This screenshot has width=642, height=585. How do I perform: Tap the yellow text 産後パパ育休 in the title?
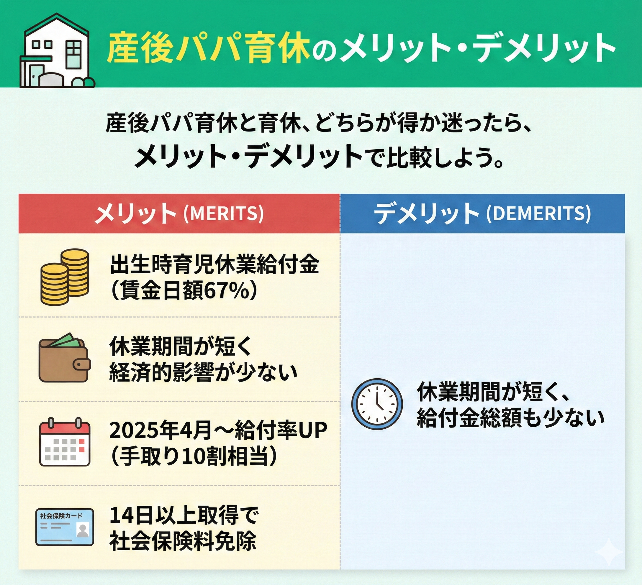tap(208, 49)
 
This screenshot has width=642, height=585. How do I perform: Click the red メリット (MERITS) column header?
tap(179, 213)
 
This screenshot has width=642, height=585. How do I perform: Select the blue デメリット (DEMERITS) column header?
tap(482, 213)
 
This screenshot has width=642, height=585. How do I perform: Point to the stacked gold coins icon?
tap(65, 277)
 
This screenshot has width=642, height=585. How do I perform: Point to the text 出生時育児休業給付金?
tap(214, 265)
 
